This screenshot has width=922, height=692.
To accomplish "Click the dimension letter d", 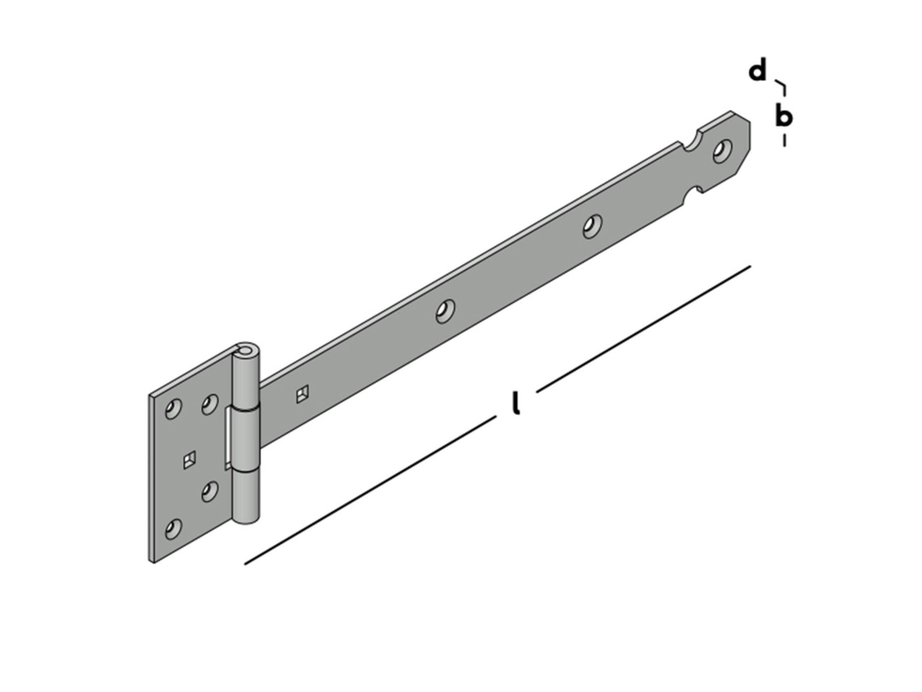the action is click(x=757, y=71).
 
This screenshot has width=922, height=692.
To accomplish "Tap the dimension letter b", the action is click(x=783, y=115).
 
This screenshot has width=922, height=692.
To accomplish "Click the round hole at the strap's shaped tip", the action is click(x=722, y=151).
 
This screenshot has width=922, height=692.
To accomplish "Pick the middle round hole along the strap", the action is click(x=445, y=311).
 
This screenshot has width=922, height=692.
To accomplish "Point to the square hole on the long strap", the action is click(x=302, y=394).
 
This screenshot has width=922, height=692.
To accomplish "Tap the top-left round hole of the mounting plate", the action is click(x=173, y=409).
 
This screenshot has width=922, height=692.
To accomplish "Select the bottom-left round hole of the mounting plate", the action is click(x=173, y=529).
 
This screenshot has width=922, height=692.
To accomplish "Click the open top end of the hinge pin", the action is click(x=246, y=350).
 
